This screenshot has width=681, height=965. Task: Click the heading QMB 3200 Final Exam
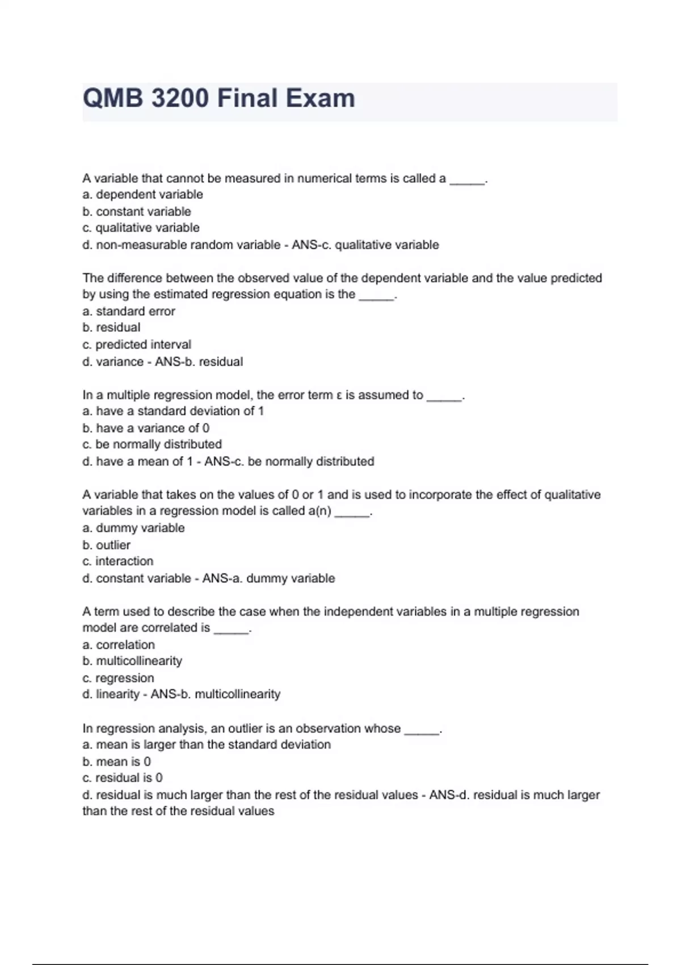[219, 99]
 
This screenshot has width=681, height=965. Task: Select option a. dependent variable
[142, 195]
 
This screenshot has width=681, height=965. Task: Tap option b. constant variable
[137, 212]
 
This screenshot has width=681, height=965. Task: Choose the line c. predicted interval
[137, 345]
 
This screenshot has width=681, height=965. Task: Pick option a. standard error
[129, 311]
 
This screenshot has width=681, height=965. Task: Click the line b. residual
[111, 328]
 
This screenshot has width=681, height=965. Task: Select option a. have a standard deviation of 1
[173, 411]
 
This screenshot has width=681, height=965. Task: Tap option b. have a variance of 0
[146, 428]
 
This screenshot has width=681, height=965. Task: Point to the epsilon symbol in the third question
[338, 396]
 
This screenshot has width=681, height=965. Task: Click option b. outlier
[106, 545]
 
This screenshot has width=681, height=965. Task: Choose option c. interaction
[118, 561]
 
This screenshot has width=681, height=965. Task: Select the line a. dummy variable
[133, 528]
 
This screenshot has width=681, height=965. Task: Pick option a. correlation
[119, 645]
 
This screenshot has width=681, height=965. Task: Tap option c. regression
[118, 678]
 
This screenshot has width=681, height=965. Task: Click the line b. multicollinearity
[132, 661]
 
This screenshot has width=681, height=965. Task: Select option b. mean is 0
[116, 762]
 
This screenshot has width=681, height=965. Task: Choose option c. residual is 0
[123, 778]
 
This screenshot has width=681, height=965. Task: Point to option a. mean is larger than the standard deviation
[207, 745]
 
